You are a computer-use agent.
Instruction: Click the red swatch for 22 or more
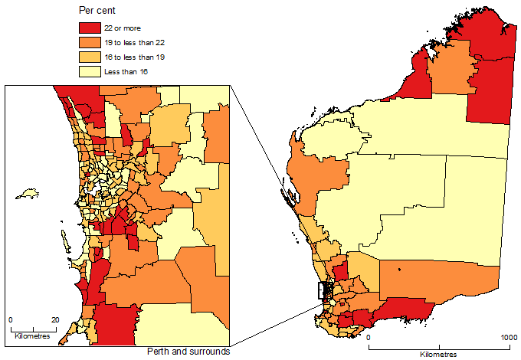(x=90, y=28)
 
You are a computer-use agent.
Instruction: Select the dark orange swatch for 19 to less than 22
(x=90, y=42)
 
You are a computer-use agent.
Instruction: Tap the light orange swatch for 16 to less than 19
(x=90, y=57)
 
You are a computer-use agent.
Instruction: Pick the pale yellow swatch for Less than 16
(x=90, y=71)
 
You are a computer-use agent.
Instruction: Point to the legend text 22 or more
(x=123, y=28)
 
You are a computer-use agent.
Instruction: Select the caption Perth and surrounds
(x=188, y=352)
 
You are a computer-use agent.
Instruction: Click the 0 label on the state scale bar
(x=369, y=338)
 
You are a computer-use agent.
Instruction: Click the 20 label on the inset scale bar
(x=54, y=319)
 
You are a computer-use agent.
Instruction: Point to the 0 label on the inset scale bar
(x=10, y=319)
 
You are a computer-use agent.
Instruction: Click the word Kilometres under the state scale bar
(x=439, y=355)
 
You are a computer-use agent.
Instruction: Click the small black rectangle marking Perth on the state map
(x=326, y=290)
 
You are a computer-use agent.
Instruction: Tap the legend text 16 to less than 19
(x=134, y=57)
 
